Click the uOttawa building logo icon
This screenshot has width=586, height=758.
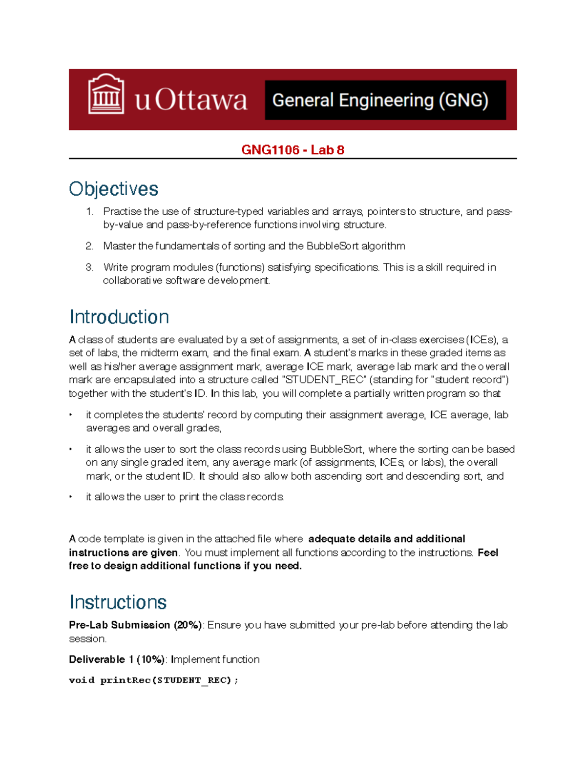tap(106, 95)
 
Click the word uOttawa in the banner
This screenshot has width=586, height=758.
tap(191, 100)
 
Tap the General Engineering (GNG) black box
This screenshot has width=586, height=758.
tap(385, 100)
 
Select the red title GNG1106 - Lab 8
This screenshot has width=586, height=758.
tap(293, 150)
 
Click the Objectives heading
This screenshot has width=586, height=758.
tap(113, 189)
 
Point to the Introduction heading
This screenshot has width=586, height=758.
tap(119, 317)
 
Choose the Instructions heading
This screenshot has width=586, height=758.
tap(118, 602)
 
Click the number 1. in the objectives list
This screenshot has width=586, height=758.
tap(89, 211)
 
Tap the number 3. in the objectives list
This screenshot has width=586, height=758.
tap(89, 267)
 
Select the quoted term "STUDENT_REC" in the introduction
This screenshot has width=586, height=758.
tap(324, 380)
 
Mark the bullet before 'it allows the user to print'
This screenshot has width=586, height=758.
tap(71, 497)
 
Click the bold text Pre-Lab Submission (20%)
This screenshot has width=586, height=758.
tap(135, 625)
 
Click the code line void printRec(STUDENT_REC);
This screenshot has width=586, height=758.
tap(153, 680)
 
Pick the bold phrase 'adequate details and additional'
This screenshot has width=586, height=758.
tap(386, 539)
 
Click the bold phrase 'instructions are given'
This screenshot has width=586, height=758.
tap(123, 553)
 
